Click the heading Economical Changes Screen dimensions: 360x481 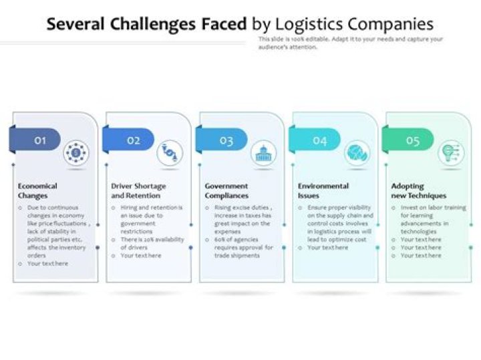pos(37,191)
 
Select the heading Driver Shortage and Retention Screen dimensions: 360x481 pos(138,191)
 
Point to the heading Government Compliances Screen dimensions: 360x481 pos(226,191)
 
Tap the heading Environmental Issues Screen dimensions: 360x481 pos(323,191)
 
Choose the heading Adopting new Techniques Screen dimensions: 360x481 pos(418,191)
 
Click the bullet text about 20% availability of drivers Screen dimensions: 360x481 pos(151,243)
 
